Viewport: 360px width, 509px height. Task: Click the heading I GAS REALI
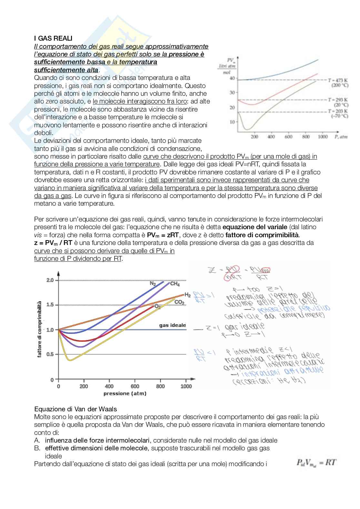point(53,39)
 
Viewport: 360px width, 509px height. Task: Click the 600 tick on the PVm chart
point(288,137)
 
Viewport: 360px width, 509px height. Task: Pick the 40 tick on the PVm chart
point(232,78)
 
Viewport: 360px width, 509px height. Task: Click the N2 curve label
point(153,284)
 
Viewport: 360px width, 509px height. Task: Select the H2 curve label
point(187,295)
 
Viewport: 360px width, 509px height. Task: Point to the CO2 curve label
point(179,302)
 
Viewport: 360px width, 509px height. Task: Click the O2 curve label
point(157,307)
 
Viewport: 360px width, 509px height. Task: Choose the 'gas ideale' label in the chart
point(173,325)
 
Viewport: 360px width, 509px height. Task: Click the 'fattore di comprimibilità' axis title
point(40,329)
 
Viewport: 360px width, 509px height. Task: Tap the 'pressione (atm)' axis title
point(125,394)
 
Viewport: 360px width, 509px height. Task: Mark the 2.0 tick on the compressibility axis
point(50,280)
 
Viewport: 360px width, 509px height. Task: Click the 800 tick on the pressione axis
point(160,386)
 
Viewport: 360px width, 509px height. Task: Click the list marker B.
point(37,448)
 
